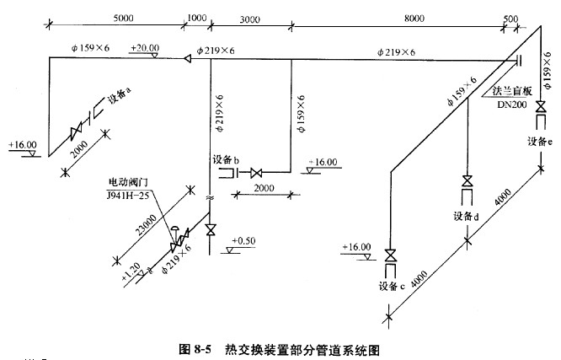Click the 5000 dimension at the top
pyautogui.click(x=123, y=17)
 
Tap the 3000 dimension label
pyautogui.click(x=248, y=17)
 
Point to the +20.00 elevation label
pyautogui.click(x=145, y=48)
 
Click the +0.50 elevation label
pyautogui.click(x=243, y=240)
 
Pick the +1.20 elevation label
pyautogui.click(x=131, y=272)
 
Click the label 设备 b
pyautogui.click(x=226, y=160)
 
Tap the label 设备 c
pyautogui.click(x=393, y=287)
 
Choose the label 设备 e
pyautogui.click(x=539, y=142)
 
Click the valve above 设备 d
pyautogui.click(x=466, y=182)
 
